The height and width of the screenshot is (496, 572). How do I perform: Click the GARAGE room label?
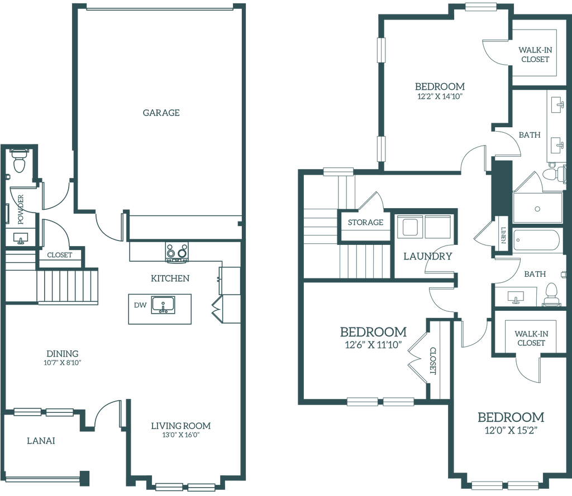161,113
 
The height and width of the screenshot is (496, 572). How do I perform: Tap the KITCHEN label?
170,277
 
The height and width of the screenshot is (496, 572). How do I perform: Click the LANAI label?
41,441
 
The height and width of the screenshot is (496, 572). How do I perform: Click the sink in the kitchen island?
163,305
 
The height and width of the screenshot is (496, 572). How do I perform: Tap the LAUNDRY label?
428,256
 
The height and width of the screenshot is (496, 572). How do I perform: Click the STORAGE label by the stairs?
365,223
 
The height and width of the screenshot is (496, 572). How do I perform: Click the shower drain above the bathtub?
537,209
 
